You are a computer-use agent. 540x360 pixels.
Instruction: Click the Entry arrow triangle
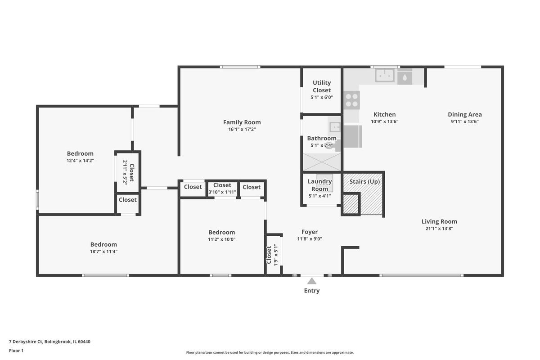(312, 281)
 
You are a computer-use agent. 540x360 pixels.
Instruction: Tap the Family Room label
(242, 122)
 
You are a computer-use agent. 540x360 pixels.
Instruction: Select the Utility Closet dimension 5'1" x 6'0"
(322, 97)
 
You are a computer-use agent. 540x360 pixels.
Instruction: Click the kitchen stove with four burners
(352, 100)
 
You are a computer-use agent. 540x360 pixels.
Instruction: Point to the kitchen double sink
(385, 75)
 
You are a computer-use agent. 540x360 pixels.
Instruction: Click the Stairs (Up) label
(364, 181)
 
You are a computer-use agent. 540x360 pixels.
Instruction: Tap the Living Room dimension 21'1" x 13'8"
(439, 228)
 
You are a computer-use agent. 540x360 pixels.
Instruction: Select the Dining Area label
(465, 115)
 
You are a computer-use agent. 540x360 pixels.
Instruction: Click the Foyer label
(310, 232)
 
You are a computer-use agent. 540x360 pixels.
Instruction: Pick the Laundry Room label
(319, 185)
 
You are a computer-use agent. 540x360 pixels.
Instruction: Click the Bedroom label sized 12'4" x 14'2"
(80, 153)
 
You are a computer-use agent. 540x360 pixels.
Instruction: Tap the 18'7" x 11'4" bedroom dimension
(103, 252)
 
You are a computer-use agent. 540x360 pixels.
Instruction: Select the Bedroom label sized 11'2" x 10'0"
(221, 232)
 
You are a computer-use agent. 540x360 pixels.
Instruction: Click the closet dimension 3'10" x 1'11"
(222, 192)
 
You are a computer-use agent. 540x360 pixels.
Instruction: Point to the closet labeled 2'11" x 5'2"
(128, 173)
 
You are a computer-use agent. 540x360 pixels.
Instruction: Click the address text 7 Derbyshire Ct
(26, 342)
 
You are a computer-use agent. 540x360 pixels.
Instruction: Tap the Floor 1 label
(16, 351)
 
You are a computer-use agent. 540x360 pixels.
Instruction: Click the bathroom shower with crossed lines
(322, 162)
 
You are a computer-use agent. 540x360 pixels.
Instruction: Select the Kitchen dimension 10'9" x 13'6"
(384, 121)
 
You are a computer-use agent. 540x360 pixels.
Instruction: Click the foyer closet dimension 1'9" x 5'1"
(276, 255)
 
